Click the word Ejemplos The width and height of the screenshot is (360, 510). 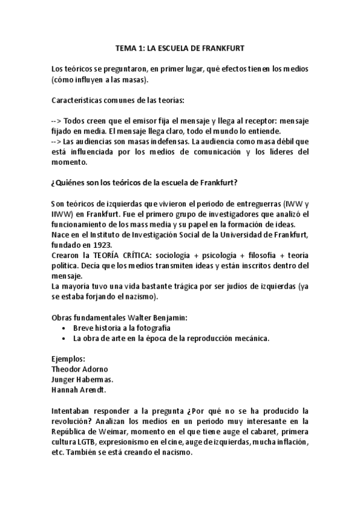(x=69, y=358)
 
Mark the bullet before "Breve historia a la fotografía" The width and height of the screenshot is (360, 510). (x=64, y=328)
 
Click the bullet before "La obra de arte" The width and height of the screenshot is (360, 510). (x=64, y=338)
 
